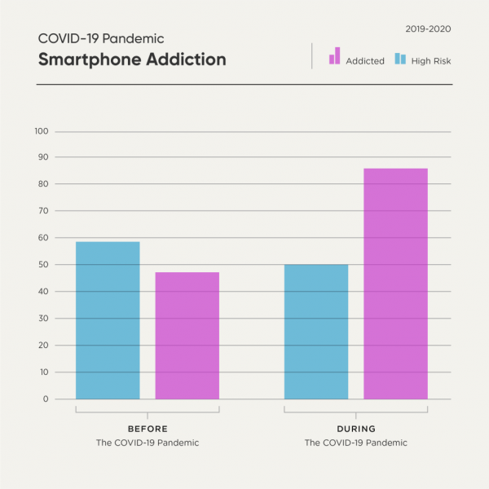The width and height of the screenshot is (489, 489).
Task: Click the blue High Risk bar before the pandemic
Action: [x=108, y=320]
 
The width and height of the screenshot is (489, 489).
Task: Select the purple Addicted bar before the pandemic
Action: [x=187, y=335]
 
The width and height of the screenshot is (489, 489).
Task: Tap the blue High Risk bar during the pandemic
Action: [x=316, y=332]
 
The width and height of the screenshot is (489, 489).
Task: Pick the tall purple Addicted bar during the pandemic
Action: [x=395, y=284]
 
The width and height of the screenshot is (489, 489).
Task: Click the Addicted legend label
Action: [x=364, y=61]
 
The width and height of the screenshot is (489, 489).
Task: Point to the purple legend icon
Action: [x=334, y=55]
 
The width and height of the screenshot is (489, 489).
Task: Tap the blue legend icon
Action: [x=400, y=59]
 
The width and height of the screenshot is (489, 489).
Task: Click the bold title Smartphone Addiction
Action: [x=131, y=59]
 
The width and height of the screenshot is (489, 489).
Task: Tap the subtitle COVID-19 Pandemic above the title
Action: [x=101, y=38]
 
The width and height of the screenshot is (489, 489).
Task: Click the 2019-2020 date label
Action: [x=428, y=29]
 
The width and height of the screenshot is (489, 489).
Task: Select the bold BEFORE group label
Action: [x=147, y=429]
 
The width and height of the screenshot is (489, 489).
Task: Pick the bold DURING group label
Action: [x=355, y=429]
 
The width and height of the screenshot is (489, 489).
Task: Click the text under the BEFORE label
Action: [x=147, y=443]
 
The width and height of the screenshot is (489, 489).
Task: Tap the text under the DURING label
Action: [x=355, y=443]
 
